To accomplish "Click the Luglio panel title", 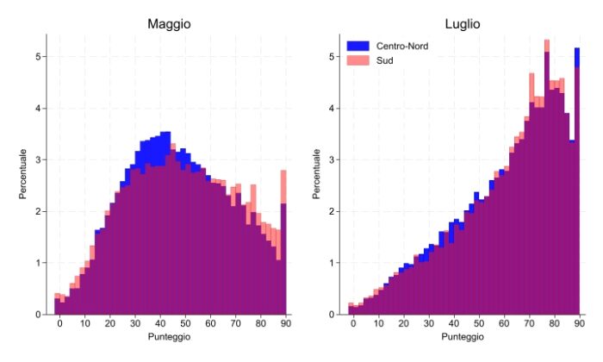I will [x=464, y=24].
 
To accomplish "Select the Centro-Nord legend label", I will [x=401, y=45].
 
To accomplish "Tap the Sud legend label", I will [x=385, y=59].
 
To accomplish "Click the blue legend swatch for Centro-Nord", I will [x=357, y=45].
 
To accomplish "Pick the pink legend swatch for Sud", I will [x=357, y=59].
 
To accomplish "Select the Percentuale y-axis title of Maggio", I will [x=23, y=177].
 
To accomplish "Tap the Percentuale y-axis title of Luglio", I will [x=318, y=177].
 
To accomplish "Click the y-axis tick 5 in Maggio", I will [x=40, y=57].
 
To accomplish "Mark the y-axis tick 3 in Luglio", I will [x=334, y=160].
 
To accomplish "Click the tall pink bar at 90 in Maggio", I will [x=283, y=241].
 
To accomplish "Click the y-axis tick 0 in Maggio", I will [x=40, y=315].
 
